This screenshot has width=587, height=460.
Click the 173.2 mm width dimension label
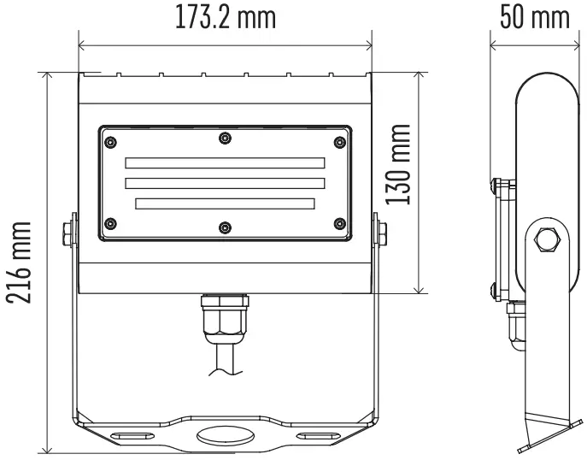(x=226, y=18)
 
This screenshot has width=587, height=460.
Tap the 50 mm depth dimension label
(x=534, y=18)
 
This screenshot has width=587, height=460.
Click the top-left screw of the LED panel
(x=109, y=138)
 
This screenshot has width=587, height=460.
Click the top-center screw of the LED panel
(x=225, y=138)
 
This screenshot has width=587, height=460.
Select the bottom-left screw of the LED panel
(x=109, y=224)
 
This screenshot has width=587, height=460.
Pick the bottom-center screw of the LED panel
(x=225, y=227)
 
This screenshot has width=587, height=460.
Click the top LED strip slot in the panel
(x=225, y=162)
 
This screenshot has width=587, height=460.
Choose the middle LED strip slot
(x=225, y=182)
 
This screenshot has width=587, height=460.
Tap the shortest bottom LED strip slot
(x=225, y=203)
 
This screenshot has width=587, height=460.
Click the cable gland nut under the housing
(x=225, y=321)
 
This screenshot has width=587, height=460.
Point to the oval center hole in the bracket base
(x=225, y=435)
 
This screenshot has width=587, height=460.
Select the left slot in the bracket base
(x=132, y=435)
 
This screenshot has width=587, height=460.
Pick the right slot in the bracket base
(x=317, y=435)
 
